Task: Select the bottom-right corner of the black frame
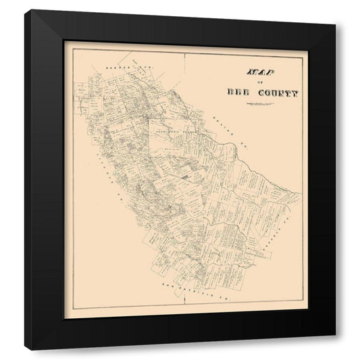click(336, 350)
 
